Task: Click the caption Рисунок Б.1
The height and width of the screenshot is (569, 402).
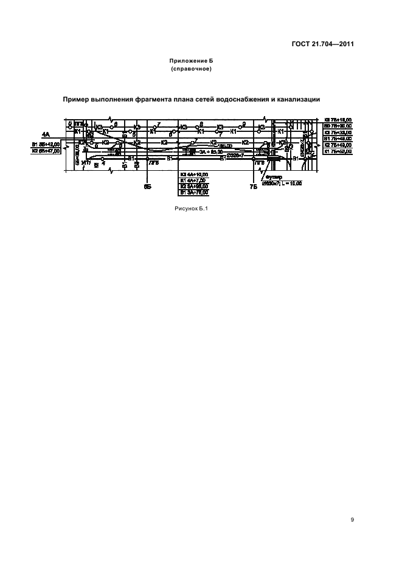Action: coord(192,209)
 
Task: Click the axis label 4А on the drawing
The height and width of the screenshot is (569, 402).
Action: coord(46,134)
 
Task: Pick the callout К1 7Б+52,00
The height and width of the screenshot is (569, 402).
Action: coord(338,152)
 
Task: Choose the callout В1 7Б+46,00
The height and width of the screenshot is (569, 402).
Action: coord(338,139)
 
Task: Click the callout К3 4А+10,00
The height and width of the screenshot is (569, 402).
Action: coord(194,174)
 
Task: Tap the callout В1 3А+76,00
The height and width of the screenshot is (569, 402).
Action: coord(194,192)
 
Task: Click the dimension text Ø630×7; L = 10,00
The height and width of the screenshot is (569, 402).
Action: coord(283,182)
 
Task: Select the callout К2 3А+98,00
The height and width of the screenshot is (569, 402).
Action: coord(194,186)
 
